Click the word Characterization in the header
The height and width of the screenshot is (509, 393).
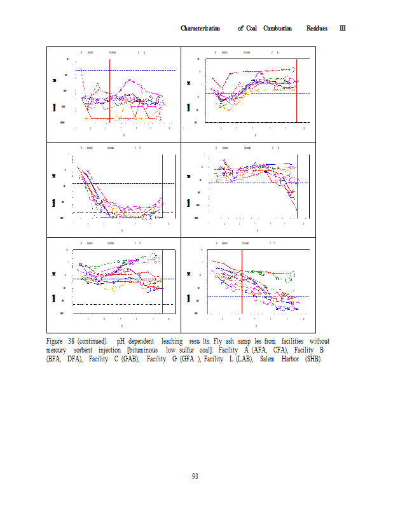200,29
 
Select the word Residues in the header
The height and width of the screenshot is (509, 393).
317,29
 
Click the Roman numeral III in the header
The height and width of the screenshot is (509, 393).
342,29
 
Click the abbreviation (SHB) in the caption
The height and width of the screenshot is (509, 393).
314,359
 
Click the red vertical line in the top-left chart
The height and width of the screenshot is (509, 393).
110,89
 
